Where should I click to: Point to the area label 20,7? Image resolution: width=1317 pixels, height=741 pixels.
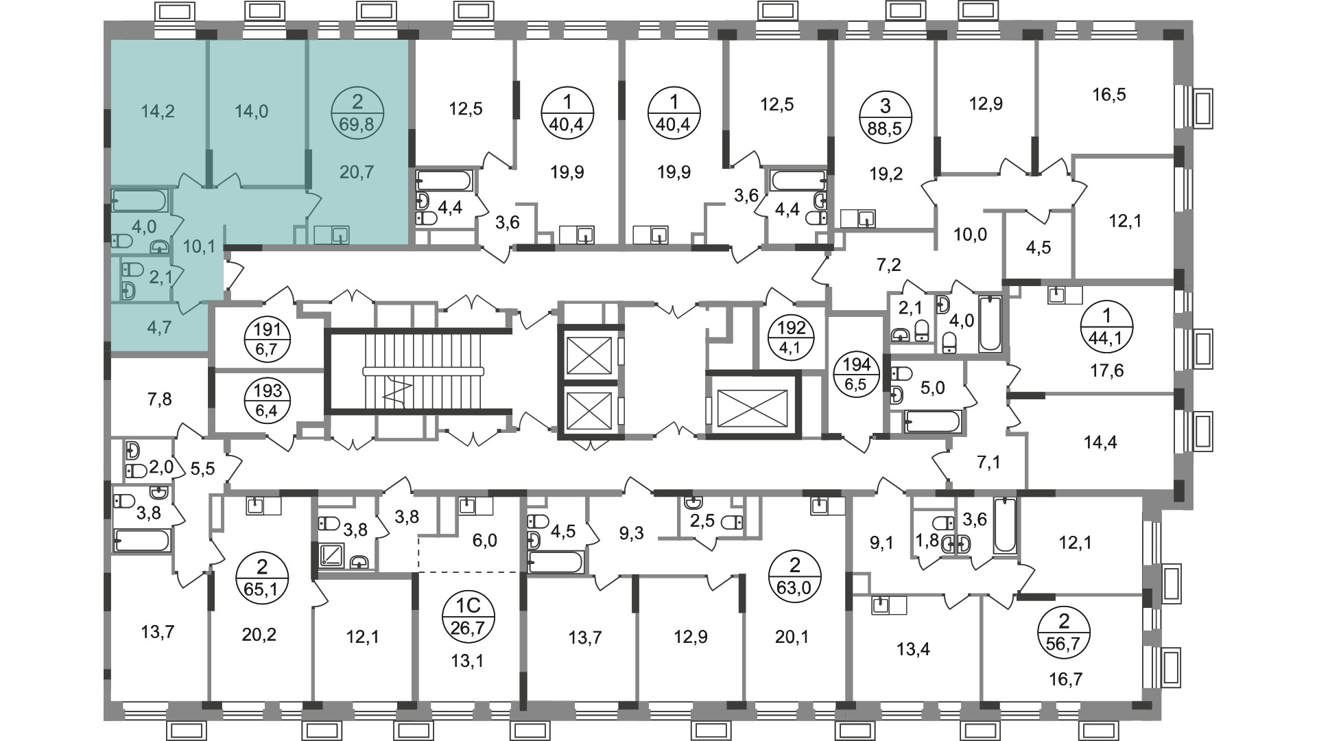(x=357, y=172)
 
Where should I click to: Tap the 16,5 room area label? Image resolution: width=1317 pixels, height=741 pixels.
(x=1109, y=94)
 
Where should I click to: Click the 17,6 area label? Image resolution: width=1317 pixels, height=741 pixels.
(x=1107, y=371)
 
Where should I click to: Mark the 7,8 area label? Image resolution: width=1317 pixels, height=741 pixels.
(x=160, y=398)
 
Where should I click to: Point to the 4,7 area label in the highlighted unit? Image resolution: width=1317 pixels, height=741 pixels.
(x=159, y=327)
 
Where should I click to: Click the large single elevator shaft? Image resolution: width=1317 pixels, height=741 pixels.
(x=752, y=404)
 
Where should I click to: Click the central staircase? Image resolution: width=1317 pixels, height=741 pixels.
(x=418, y=370)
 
